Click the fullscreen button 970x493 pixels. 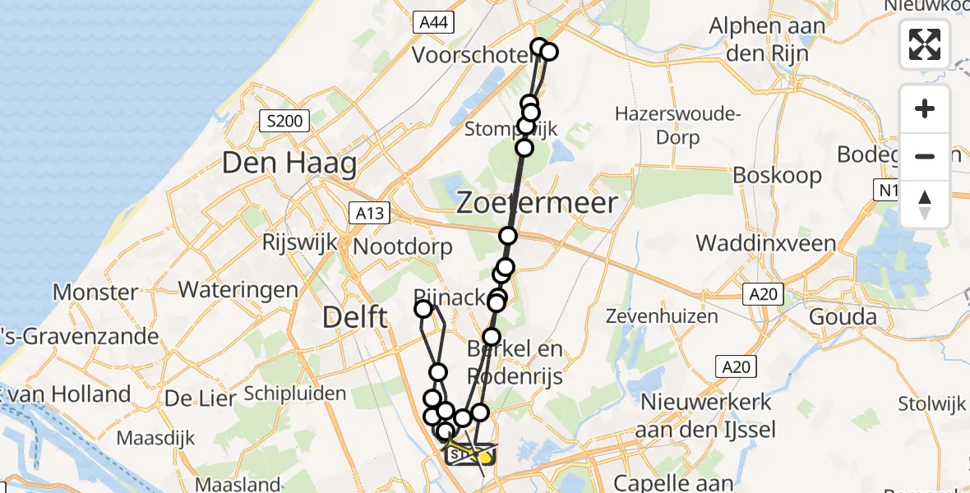tap(925, 44)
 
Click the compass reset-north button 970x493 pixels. tap(925, 204)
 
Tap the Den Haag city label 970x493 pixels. tap(289, 163)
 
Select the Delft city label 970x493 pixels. tap(354, 316)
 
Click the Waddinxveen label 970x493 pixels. tap(765, 243)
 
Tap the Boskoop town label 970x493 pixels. tap(777, 175)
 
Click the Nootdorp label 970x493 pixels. tap(403, 246)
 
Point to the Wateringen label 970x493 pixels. tap(238, 289)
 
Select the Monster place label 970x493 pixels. tap(95, 292)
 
